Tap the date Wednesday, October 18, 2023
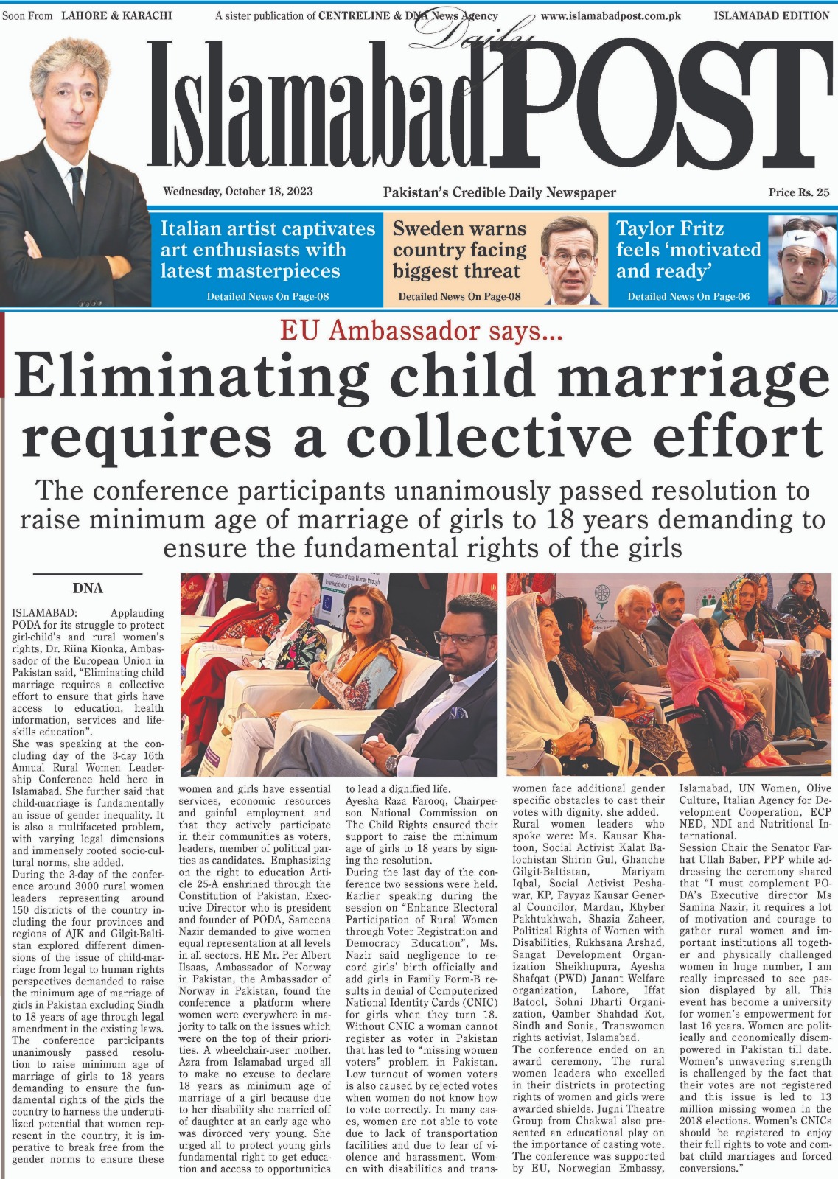238,192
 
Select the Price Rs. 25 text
798,192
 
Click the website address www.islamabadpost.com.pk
611,15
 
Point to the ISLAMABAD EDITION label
772,15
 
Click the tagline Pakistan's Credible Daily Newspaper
499,193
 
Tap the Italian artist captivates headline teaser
268,250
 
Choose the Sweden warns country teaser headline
459,250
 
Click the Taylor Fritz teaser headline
688,250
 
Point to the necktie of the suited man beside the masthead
77,195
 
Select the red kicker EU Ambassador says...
421,332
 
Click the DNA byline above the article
88,588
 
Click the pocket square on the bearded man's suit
458,713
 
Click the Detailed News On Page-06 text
688,297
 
